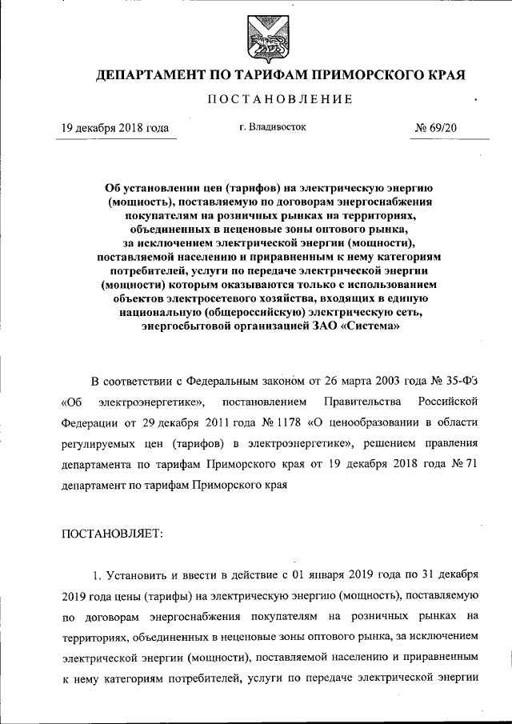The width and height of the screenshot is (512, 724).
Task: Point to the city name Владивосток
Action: click(272, 126)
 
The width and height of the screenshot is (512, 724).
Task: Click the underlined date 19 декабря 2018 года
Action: click(116, 128)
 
